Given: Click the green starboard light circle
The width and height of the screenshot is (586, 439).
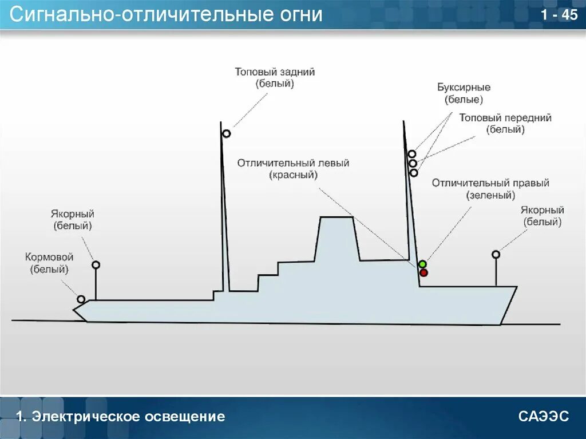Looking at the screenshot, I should [x=422, y=264].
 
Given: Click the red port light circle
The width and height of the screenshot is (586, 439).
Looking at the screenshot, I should [x=423, y=272].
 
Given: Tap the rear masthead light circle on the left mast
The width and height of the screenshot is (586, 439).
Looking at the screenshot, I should [x=227, y=134].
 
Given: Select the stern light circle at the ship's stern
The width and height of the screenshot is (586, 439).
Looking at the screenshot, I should [x=81, y=299].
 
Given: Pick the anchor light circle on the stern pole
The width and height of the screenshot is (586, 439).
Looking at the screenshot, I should [x=96, y=265].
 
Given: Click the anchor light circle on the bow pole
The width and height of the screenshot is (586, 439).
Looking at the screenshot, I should [x=496, y=254].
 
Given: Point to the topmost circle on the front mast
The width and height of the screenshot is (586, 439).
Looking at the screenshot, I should [x=412, y=154].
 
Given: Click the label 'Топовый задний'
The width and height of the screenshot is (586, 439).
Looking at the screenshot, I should [x=275, y=72].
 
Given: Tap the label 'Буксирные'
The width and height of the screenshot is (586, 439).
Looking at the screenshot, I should [x=464, y=88].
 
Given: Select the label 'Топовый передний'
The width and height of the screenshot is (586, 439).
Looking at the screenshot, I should [x=505, y=118].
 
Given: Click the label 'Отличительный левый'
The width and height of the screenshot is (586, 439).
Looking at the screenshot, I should [x=293, y=163].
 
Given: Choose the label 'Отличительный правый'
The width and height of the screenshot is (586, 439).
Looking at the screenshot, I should [x=490, y=183].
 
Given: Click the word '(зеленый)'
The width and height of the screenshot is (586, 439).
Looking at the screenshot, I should [x=490, y=195].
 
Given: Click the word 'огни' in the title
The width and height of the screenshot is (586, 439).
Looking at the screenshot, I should [x=302, y=15].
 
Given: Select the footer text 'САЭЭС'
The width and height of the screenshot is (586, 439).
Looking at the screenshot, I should [x=544, y=416].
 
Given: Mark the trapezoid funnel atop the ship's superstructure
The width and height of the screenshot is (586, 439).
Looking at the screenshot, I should [x=336, y=238].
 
